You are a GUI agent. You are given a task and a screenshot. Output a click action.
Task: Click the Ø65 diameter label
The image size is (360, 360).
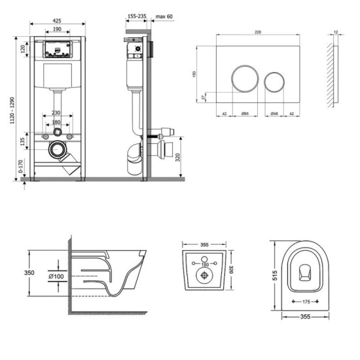[244, 114]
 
